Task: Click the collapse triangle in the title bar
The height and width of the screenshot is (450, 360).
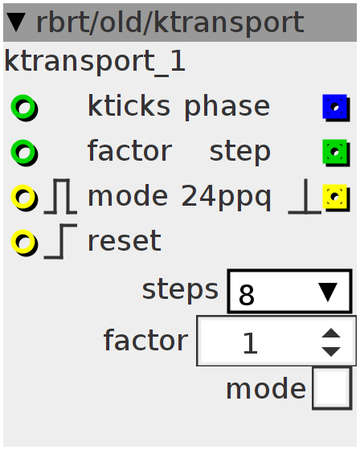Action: [16, 22]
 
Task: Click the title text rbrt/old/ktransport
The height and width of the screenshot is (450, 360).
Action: [170, 23]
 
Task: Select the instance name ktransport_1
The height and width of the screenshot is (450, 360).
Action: [95, 62]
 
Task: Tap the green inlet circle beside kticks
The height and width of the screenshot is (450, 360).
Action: [24, 108]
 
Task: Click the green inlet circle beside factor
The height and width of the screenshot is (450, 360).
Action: [24, 153]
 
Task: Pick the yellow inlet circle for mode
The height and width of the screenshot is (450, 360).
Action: [24, 198]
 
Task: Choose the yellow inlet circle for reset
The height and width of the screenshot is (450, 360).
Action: [24, 243]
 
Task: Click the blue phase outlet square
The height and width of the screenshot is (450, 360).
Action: [336, 108]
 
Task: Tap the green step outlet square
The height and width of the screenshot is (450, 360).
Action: [336, 153]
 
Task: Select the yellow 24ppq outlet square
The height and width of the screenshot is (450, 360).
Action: [336, 198]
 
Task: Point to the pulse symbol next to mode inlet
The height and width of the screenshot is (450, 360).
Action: [60, 197]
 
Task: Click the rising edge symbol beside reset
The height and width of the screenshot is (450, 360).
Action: [60, 241]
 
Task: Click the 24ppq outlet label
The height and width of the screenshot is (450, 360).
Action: [226, 198]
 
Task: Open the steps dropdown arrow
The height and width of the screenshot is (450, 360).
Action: [328, 292]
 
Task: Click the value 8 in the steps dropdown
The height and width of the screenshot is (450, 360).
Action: [247, 295]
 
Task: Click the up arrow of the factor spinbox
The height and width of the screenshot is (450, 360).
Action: [331, 333]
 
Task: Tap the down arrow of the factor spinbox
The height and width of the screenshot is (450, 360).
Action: [331, 352]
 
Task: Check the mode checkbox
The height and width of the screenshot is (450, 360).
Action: [332, 388]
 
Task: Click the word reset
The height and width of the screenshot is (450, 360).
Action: [125, 242]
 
